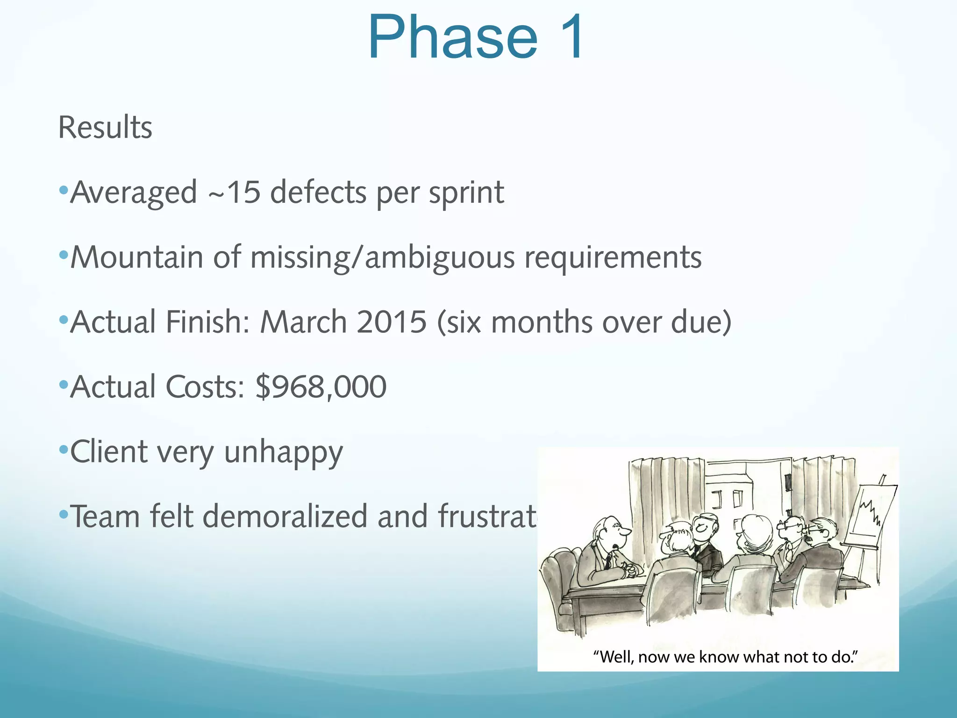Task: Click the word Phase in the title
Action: (453, 37)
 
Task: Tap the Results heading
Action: (105, 127)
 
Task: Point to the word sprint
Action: (466, 193)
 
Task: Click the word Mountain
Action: (137, 257)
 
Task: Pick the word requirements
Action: (613, 258)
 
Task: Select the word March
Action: (303, 322)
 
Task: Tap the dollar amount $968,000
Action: (321, 387)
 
